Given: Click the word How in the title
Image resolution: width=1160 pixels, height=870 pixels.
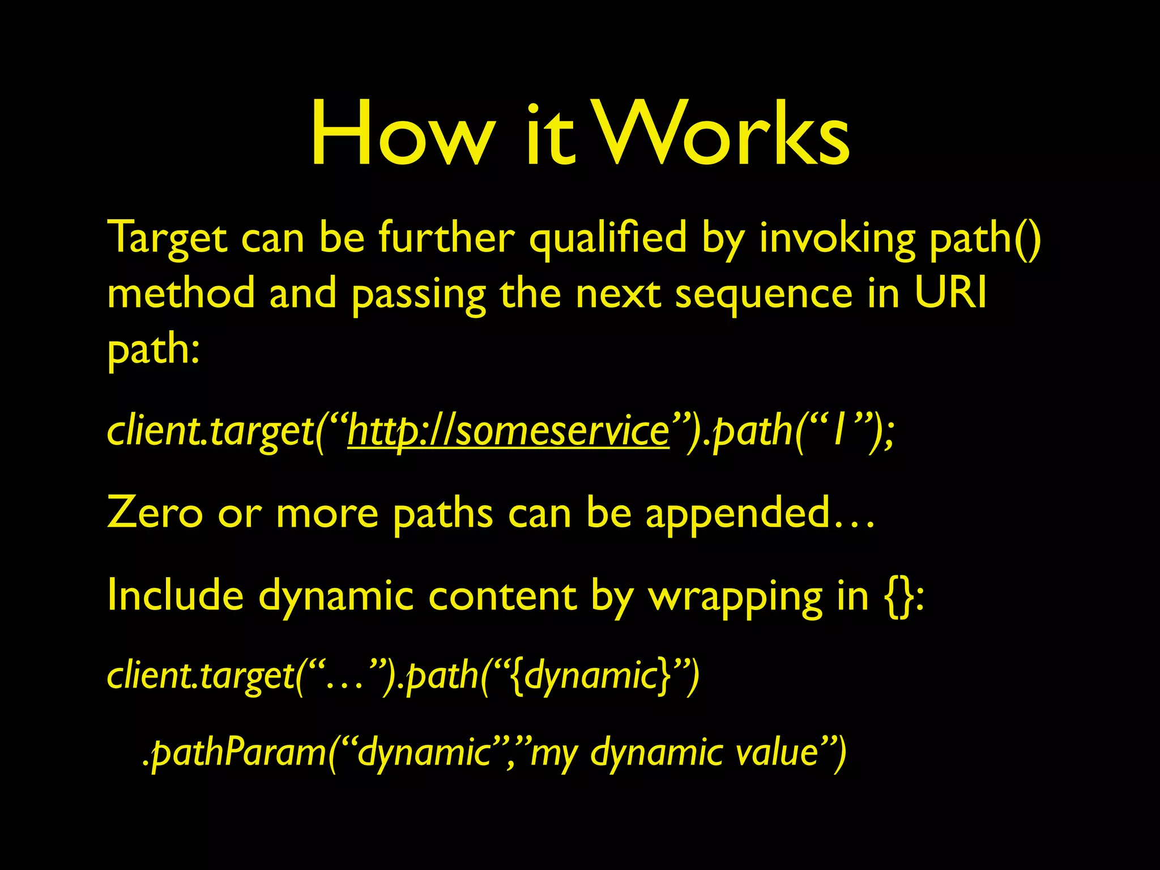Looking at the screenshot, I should (400, 134).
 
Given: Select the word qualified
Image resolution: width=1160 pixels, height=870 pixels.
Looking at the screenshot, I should (607, 238).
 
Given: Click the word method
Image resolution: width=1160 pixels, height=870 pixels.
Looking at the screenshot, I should (181, 293).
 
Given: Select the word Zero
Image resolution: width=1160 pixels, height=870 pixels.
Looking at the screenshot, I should (154, 513).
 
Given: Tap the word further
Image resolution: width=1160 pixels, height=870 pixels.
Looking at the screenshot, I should (447, 238).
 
